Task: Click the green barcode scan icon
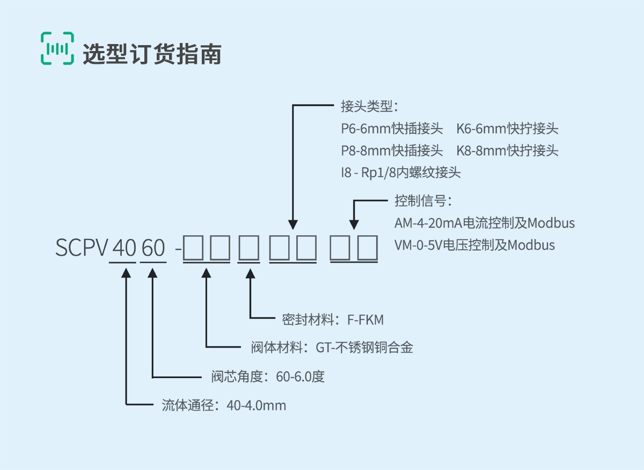57,48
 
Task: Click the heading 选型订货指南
152,54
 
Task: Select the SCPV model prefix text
82,248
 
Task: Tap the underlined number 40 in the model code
124,248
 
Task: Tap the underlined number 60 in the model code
153,248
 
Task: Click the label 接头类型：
369,106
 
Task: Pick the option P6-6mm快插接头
392,128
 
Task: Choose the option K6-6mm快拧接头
507,128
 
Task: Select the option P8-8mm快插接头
392,150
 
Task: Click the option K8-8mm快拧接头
507,150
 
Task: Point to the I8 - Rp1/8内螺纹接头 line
401,172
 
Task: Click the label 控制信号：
423,200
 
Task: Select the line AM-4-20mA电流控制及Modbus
485,223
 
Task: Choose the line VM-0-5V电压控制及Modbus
474,245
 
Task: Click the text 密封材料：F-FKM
333,320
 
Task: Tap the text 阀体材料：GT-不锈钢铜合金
332,348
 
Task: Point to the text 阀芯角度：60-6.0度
268,377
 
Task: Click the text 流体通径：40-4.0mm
224,405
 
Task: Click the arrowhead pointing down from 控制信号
354,225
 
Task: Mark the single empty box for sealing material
249,248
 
